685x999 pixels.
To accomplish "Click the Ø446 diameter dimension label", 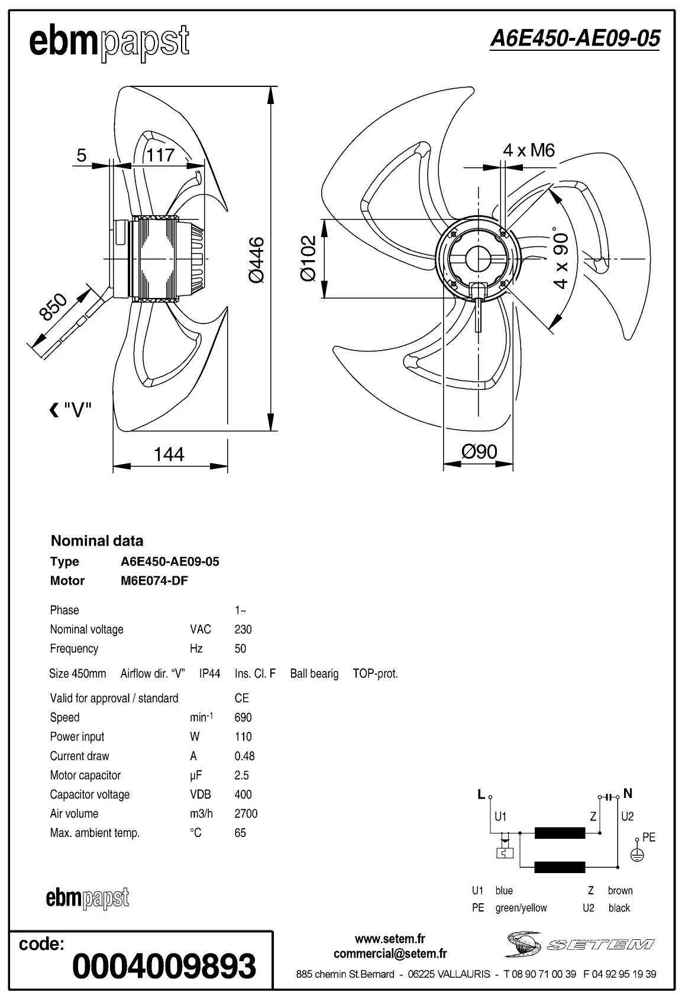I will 257,261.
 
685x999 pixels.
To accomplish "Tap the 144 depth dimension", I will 169,454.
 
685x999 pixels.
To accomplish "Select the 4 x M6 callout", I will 529,150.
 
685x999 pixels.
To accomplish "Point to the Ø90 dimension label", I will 479,452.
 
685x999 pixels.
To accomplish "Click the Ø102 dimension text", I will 308,258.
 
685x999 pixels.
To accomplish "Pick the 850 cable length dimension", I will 54,307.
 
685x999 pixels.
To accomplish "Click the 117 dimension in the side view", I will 160,155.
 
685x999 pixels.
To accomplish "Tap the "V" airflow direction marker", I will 71,410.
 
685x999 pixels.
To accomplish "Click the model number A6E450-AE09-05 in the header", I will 574,39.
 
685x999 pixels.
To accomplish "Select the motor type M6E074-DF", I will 154,580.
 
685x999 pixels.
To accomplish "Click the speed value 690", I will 243,718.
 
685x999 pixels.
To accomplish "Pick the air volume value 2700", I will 245,814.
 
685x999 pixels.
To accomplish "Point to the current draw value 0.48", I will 244,756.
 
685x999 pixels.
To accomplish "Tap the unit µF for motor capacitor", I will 196,776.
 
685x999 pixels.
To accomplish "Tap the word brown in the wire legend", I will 620,891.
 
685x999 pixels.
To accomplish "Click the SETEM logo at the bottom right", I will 580,944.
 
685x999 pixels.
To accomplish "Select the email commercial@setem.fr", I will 390,953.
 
